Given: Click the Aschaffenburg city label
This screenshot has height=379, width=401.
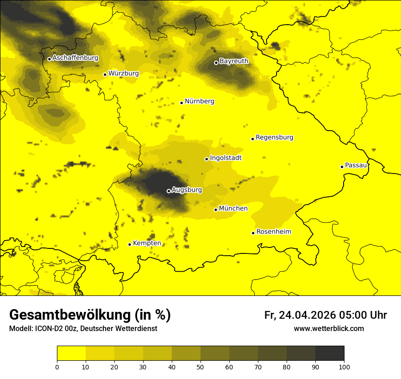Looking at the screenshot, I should (75, 58).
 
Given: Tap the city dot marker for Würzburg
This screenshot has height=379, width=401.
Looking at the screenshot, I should (105, 74).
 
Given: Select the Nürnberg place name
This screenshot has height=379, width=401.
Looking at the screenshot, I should (199, 101).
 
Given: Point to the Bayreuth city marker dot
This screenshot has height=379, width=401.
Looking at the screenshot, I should (216, 63).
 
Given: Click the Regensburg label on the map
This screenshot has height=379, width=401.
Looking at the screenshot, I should (274, 137).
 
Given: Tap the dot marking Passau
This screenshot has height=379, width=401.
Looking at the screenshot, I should (342, 167).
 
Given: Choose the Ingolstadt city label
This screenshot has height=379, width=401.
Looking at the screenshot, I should (226, 158).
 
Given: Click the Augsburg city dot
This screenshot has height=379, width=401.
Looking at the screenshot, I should (169, 191).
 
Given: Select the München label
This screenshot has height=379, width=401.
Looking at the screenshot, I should (233, 209).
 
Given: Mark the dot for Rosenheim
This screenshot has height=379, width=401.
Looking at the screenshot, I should (253, 233).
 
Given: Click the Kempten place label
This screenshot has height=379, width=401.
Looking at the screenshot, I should (147, 243).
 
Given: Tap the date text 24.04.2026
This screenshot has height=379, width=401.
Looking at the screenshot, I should (307, 315).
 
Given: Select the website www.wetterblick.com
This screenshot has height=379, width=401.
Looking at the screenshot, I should (329, 329).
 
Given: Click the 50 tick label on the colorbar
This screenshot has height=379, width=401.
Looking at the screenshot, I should (200, 367).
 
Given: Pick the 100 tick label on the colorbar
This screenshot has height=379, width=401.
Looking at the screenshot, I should (344, 367).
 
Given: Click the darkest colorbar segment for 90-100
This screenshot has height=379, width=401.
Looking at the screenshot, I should (329, 353).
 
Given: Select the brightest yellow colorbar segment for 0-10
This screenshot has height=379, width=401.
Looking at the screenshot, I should (71, 353).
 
